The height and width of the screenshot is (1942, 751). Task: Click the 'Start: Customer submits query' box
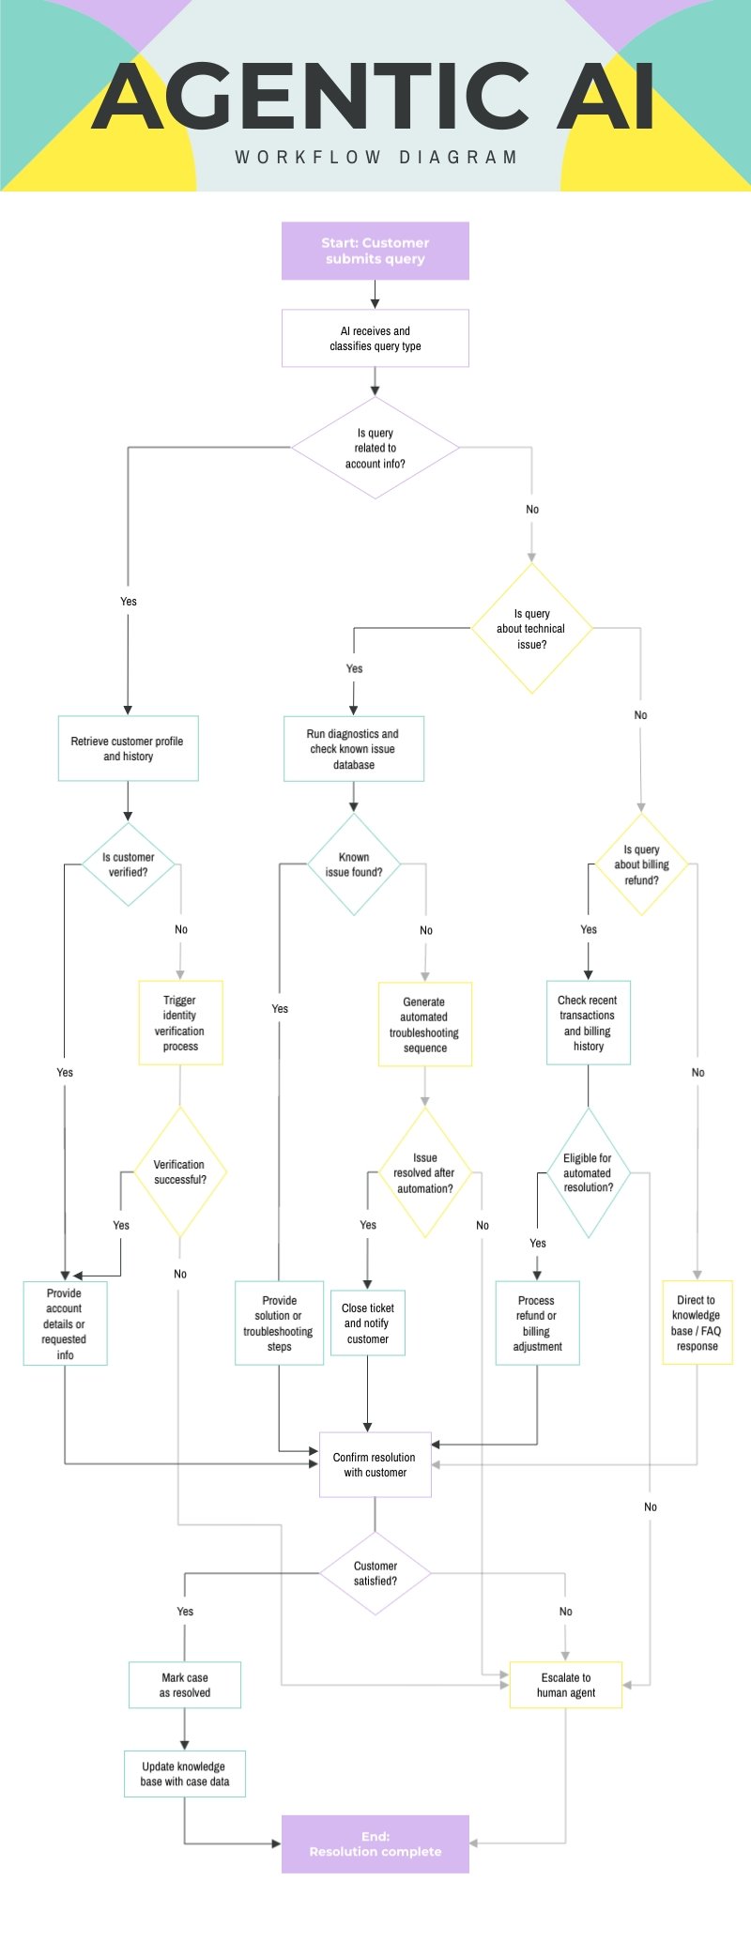click(x=375, y=251)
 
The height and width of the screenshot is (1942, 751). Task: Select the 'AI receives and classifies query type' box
click(x=375, y=338)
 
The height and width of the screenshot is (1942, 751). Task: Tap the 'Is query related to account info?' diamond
click(x=375, y=448)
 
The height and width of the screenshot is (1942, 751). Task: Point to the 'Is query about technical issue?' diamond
click(x=531, y=628)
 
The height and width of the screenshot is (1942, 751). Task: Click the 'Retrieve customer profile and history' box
click(x=128, y=748)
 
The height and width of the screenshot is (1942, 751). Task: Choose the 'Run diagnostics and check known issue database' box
click(x=354, y=749)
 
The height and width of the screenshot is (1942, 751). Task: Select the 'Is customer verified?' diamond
click(x=128, y=864)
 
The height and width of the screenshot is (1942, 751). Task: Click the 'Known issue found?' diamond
click(x=354, y=864)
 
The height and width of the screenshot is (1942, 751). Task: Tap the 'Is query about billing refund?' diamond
click(x=641, y=864)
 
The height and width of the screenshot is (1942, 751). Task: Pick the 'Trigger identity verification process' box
click(x=180, y=1023)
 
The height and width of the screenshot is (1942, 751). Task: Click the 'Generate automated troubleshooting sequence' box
click(x=424, y=1024)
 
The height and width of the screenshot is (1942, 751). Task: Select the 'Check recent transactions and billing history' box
click(x=589, y=1023)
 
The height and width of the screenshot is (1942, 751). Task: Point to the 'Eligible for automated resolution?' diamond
click(x=589, y=1172)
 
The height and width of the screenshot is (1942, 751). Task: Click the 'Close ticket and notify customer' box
click(x=368, y=1323)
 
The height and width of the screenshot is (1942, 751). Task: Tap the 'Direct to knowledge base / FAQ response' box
click(x=697, y=1323)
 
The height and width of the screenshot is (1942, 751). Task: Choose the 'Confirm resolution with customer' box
click(x=375, y=1464)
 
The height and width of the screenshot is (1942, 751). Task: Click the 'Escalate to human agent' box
click(x=565, y=1685)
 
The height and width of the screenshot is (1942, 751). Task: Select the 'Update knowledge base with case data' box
click(x=185, y=1773)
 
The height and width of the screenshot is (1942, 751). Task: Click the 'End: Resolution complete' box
click(x=375, y=1843)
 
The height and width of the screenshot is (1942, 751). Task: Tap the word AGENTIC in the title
click(x=310, y=96)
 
